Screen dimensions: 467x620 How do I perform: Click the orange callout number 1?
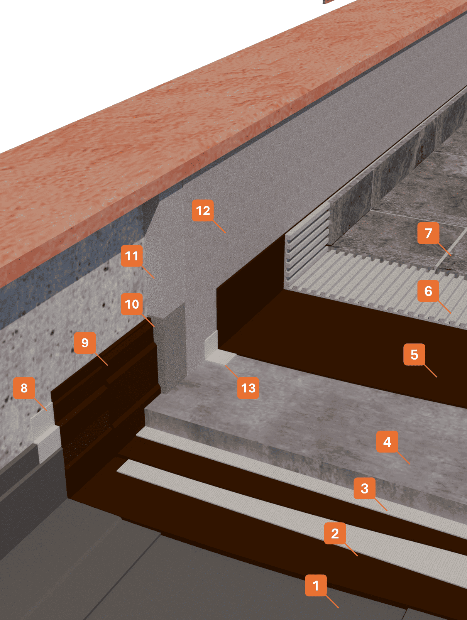click(316, 586)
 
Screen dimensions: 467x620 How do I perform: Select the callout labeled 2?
click(335, 533)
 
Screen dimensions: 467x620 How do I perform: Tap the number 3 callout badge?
click(364, 488)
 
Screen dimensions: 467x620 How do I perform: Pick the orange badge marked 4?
click(387, 441)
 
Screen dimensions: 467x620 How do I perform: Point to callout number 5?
click(414, 355)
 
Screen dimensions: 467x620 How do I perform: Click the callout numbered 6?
click(428, 291)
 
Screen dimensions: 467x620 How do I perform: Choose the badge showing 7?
click(428, 233)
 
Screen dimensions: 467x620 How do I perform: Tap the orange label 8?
click(24, 388)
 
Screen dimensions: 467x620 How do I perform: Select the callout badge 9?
click(85, 343)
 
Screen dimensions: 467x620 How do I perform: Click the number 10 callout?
click(132, 304)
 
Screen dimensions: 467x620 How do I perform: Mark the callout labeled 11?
click(132, 256)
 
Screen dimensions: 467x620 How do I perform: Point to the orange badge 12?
click(203, 210)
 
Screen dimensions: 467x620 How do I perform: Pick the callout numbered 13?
click(248, 388)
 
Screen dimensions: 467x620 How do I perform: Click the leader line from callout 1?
click(332, 601)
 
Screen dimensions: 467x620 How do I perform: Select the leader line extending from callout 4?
click(404, 458)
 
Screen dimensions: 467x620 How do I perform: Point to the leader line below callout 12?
click(219, 227)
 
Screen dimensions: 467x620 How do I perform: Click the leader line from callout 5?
click(431, 371)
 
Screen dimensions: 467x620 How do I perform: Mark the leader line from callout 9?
click(102, 359)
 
